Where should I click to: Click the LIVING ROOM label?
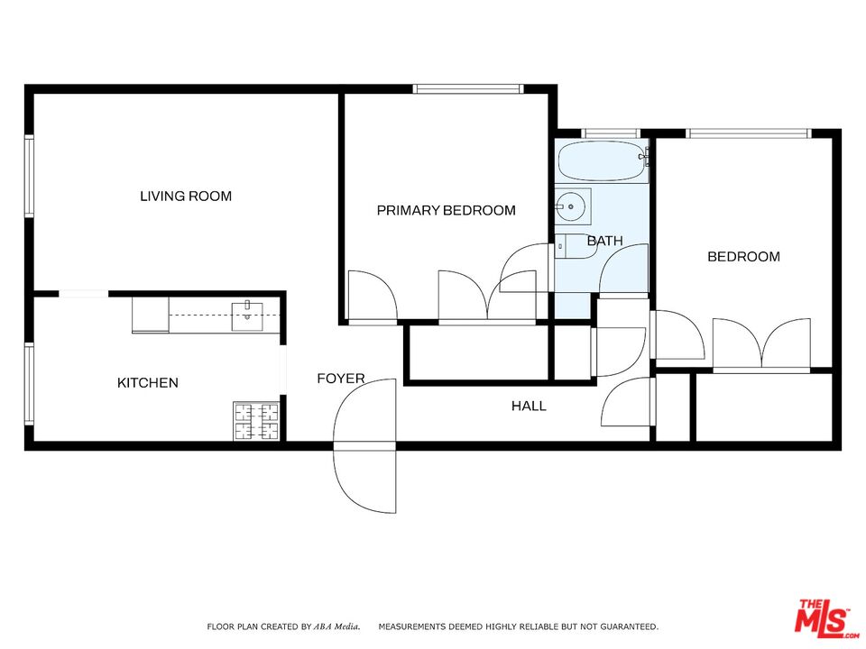185,196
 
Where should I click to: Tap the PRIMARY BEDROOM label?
446,210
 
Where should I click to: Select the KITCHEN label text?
148,383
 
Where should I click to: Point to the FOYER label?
341,379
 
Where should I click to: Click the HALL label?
529,407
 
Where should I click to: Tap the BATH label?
604,241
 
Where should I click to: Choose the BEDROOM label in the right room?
743,257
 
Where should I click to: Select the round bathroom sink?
571,206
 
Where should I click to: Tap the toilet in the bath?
574,246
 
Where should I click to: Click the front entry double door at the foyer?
364,445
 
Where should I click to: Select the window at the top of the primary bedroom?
468,88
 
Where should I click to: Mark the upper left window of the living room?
29,176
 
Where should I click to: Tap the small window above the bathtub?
611,133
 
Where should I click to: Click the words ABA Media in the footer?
338,626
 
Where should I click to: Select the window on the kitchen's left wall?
29,384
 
